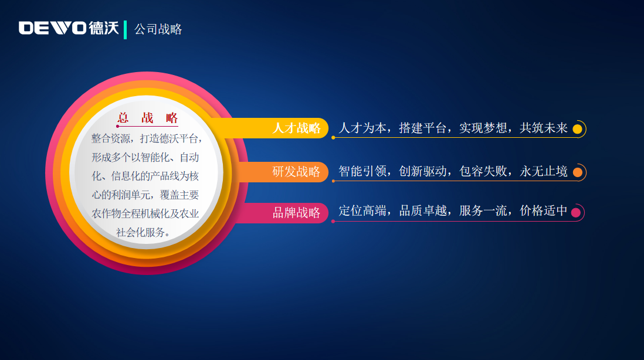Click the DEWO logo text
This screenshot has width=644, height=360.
pyautogui.click(x=52, y=28)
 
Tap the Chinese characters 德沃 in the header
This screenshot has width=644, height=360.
pyautogui.click(x=104, y=28)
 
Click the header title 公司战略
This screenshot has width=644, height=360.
pyautogui.click(x=158, y=29)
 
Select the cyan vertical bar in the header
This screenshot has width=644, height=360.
pyautogui.click(x=126, y=29)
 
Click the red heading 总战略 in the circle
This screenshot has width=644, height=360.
pyautogui.click(x=148, y=118)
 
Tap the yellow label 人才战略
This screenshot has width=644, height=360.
pyautogui.click(x=296, y=128)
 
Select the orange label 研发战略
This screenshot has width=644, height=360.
pyautogui.click(x=296, y=172)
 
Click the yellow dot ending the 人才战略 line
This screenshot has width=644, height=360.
pyautogui.click(x=577, y=129)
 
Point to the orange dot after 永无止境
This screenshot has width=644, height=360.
pyautogui.click(x=577, y=172)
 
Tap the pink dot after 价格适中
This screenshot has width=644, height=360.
pyautogui.click(x=575, y=212)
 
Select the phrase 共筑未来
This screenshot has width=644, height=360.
pyautogui.click(x=543, y=128)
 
